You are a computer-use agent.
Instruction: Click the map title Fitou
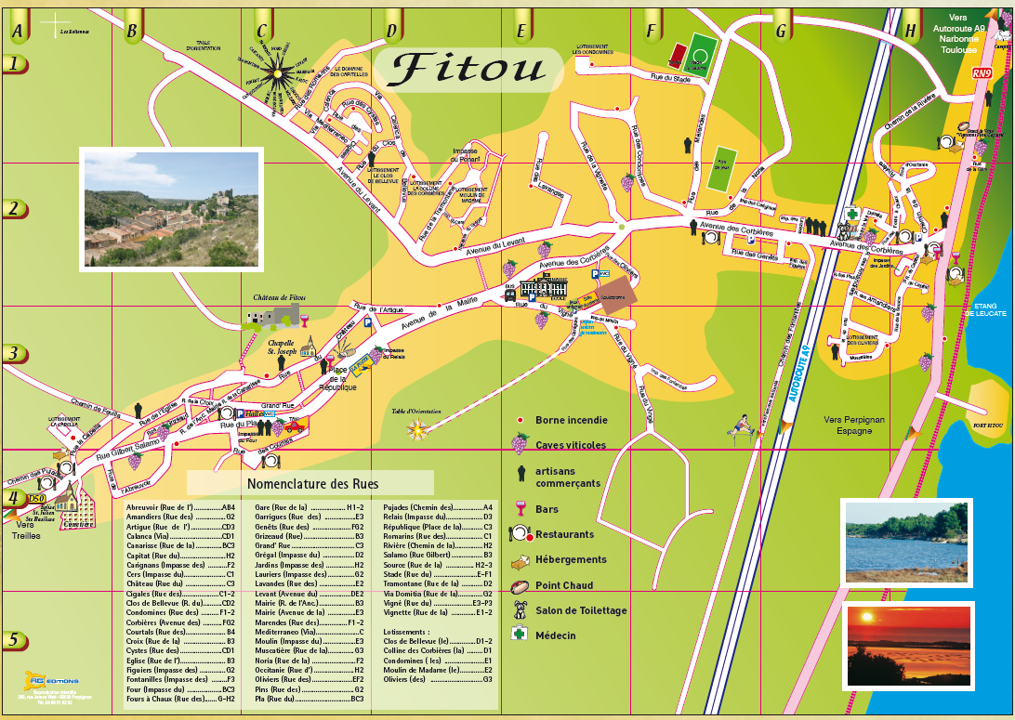pyautogui.click(x=469, y=68)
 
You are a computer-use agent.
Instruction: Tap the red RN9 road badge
pyautogui.click(x=982, y=72)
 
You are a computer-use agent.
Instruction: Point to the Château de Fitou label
pyautogui.click(x=279, y=298)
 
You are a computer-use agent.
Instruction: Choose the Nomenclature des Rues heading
pyautogui.click(x=312, y=483)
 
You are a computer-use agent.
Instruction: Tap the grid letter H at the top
pyautogui.click(x=910, y=31)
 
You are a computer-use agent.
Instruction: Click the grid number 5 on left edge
pyautogui.click(x=13, y=640)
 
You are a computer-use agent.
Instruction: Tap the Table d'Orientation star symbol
pyautogui.click(x=417, y=427)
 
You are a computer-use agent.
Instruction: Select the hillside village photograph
pyautogui.click(x=170, y=208)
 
